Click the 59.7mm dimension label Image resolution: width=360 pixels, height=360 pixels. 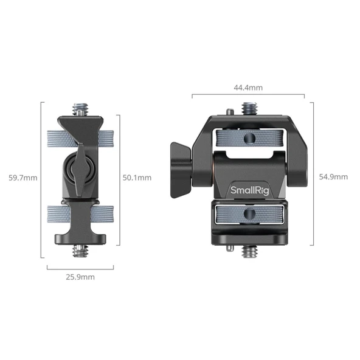(x=23, y=178)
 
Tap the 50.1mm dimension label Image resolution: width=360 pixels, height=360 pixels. (x=137, y=178)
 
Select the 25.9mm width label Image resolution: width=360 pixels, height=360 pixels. (x=80, y=277)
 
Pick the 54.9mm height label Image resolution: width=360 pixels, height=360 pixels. (x=333, y=177)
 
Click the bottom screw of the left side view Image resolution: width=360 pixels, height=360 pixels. (x=80, y=250)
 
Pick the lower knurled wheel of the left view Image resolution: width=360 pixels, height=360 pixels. (x=80, y=213)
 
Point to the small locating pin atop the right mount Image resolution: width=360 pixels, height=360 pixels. (x=229, y=112)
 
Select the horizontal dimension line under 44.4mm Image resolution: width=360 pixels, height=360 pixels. (x=247, y=95)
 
